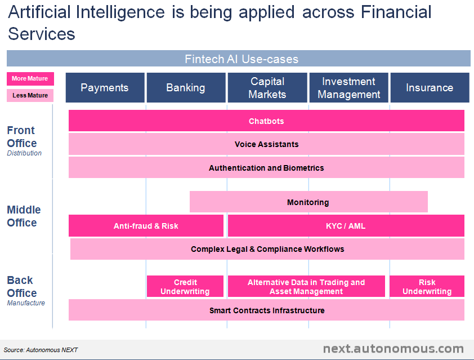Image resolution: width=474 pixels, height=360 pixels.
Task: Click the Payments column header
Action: pyautogui.click(x=105, y=87)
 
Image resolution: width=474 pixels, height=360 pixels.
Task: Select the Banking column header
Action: pyautogui.click(x=186, y=87)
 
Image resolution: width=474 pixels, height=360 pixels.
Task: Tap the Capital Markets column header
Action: pyautogui.click(x=267, y=87)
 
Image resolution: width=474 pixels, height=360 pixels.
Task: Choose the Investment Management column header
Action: pyautogui.click(x=348, y=87)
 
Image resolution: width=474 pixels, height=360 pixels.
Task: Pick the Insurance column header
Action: pyautogui.click(x=430, y=87)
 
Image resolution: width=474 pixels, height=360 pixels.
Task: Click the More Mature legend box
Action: pyautogui.click(x=30, y=79)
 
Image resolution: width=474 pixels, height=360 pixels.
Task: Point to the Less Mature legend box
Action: pyautogui.click(x=30, y=95)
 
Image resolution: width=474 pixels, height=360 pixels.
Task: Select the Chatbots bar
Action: pyautogui.click(x=266, y=121)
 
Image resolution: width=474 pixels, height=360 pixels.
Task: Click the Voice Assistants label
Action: pyautogui.click(x=266, y=144)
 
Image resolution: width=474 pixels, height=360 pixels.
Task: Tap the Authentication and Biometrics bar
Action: pyautogui.click(x=266, y=168)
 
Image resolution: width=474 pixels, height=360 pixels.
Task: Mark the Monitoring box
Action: pyautogui.click(x=308, y=202)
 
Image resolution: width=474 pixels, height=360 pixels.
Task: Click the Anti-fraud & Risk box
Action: pyautogui.click(x=146, y=226)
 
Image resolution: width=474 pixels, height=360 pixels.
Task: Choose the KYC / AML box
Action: pyautogui.click(x=346, y=226)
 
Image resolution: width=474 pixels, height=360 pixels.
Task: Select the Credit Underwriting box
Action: pyautogui.click(x=185, y=287)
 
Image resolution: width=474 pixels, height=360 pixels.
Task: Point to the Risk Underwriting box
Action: pyautogui.click(x=427, y=287)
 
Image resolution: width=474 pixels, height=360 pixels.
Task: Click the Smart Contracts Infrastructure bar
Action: pyautogui.click(x=266, y=310)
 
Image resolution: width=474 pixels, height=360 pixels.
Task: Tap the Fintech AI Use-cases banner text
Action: pyautogui.click(x=242, y=59)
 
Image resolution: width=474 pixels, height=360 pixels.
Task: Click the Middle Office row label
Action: pyautogui.click(x=24, y=216)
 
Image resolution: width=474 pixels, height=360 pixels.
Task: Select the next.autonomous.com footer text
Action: pyautogui.click(x=393, y=349)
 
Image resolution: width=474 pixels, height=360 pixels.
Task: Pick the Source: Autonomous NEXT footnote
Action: pyautogui.click(x=41, y=350)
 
